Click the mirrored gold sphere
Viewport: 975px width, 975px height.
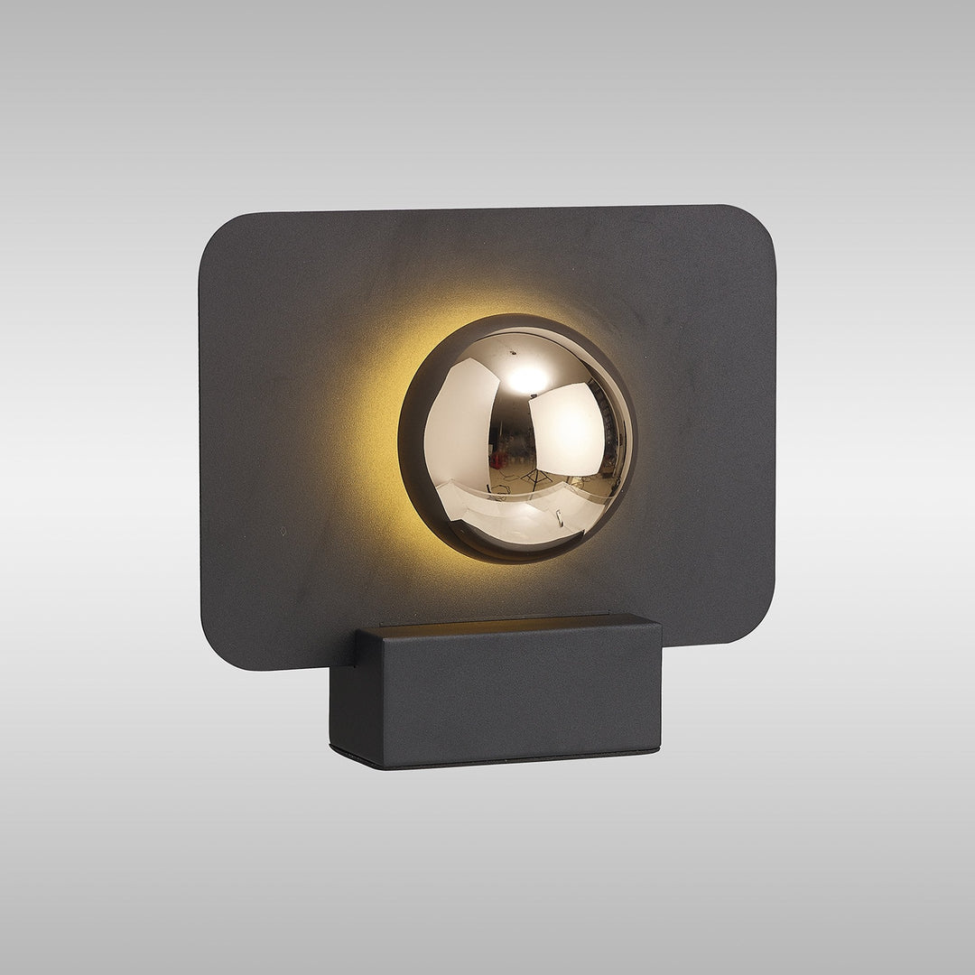(x=517, y=439)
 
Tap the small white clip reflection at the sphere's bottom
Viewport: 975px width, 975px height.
(x=560, y=516)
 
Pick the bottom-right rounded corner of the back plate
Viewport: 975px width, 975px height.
(x=758, y=627)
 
